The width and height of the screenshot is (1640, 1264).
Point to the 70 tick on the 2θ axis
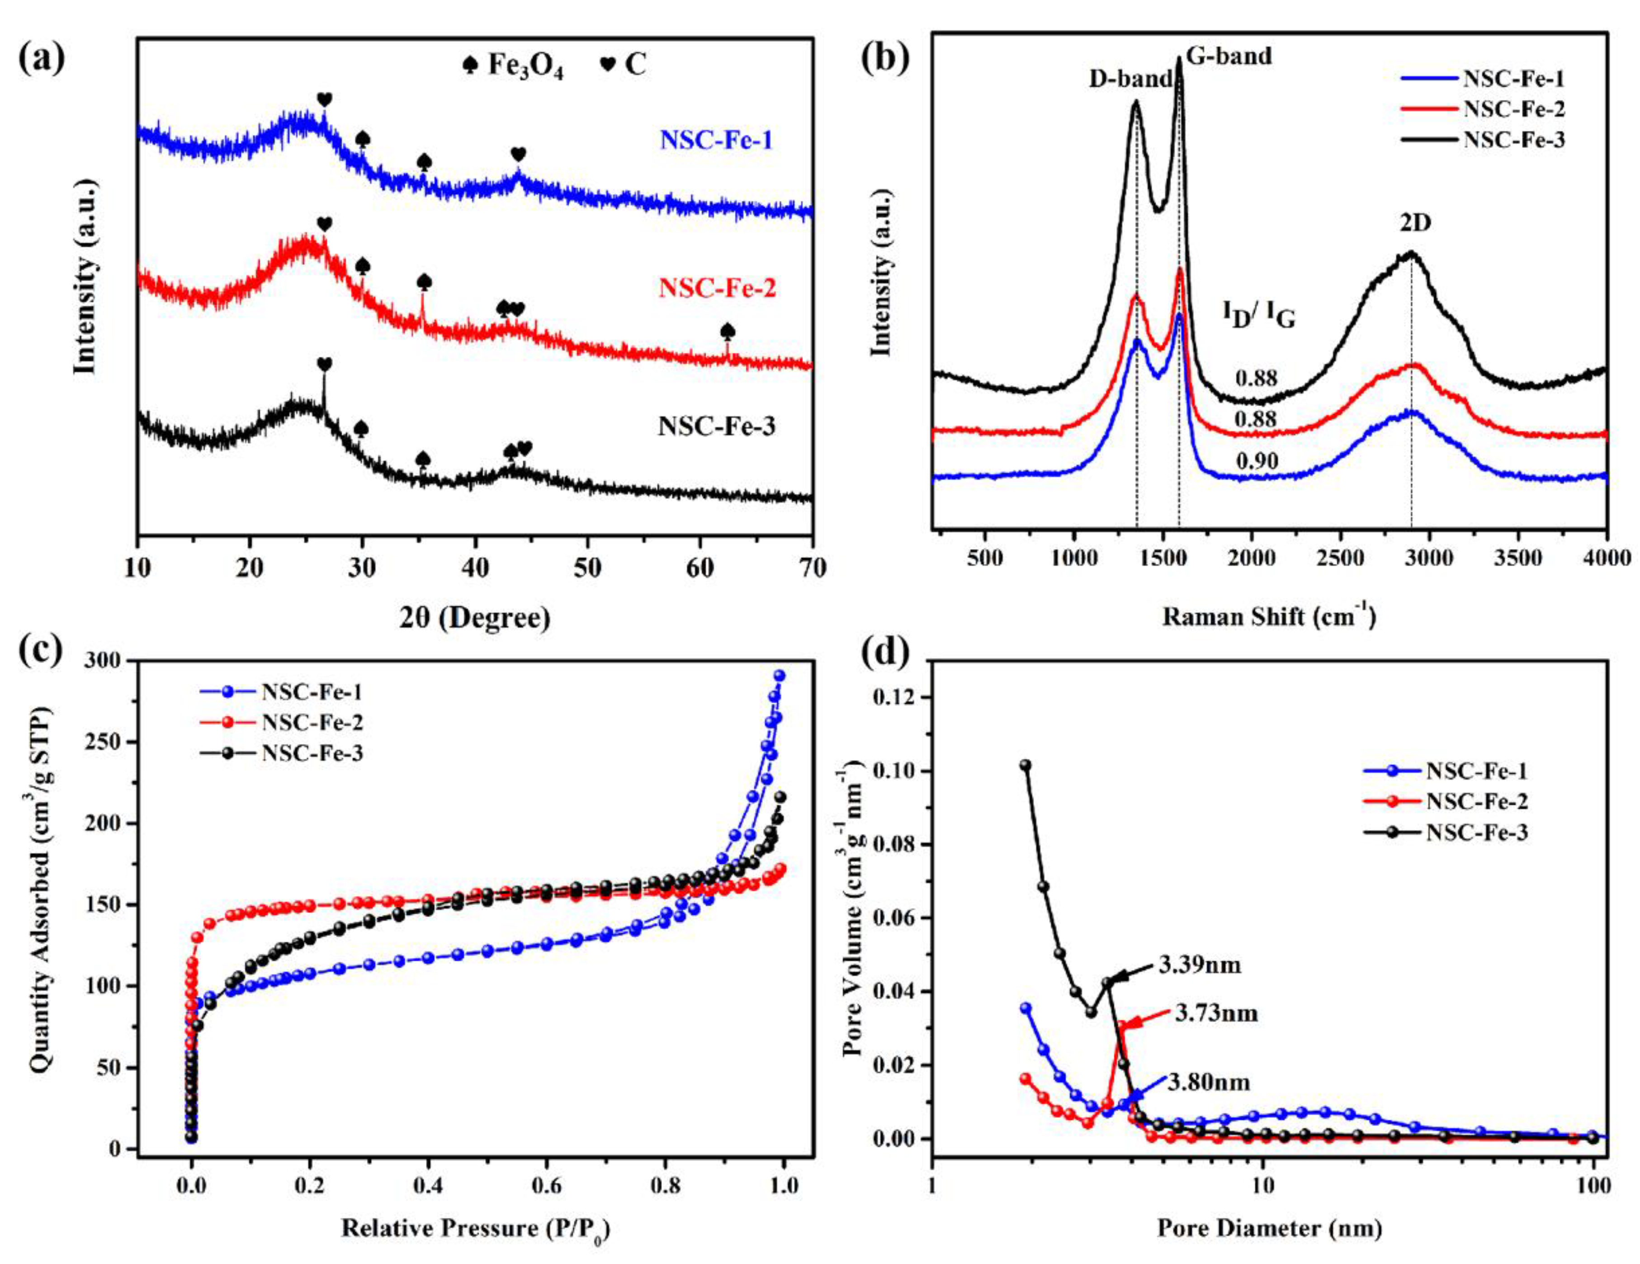(x=812, y=568)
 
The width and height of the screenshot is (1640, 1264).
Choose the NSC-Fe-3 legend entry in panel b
(x=1514, y=141)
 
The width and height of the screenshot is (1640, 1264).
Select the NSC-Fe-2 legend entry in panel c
(x=312, y=723)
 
